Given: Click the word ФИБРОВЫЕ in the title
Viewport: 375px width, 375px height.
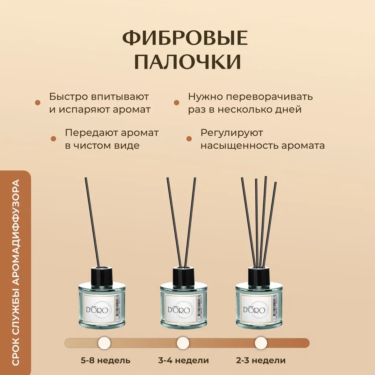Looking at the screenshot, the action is tap(185, 38).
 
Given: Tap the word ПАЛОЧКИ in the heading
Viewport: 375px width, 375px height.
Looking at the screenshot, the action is tap(187, 62).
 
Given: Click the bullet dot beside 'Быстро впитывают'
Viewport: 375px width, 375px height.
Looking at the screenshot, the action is tap(37, 103).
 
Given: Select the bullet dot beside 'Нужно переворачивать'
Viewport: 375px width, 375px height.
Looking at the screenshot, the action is tap(177, 103).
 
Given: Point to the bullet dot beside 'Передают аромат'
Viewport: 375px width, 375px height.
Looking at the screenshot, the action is tap(54, 139).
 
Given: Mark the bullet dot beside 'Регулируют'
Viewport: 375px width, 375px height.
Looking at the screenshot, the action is tap(189, 139).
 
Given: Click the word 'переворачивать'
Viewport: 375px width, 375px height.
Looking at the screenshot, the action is tap(269, 97).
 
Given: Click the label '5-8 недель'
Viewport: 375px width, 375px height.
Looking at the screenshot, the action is tap(105, 360).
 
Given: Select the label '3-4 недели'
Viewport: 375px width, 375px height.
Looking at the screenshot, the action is tap(183, 360).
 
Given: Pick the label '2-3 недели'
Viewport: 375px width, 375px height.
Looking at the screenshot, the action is tap(260, 360).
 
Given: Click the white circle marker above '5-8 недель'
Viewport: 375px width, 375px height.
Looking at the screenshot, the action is tap(104, 343).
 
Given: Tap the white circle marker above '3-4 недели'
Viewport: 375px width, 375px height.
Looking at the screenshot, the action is tap(183, 343).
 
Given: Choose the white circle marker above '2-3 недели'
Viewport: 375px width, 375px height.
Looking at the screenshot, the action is tap(260, 343).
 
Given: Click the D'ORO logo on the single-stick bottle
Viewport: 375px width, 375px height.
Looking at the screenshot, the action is tap(97, 310).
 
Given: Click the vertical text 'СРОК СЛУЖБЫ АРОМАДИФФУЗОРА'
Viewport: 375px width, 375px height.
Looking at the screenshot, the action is tap(15, 273).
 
